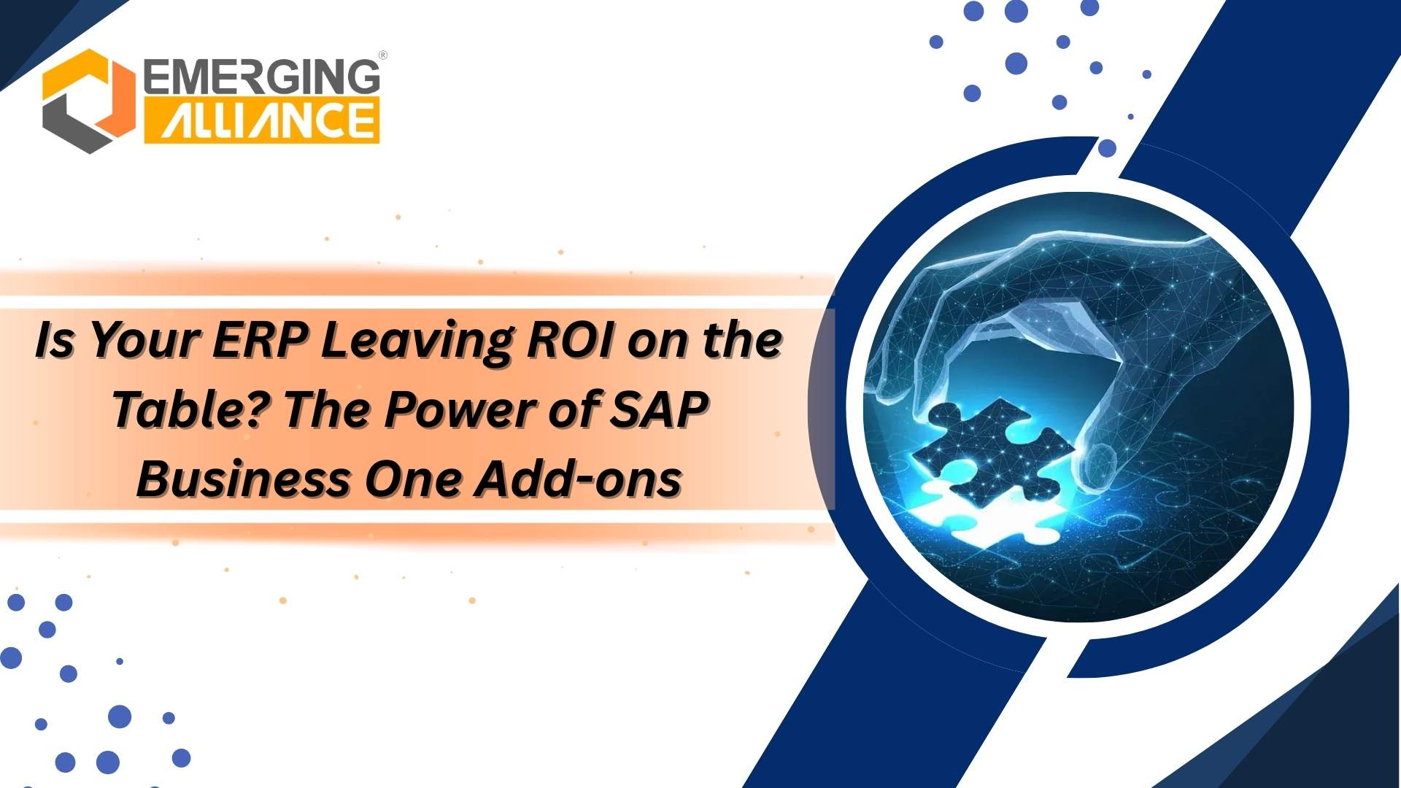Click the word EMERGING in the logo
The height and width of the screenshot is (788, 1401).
261,77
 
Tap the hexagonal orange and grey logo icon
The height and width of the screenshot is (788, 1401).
88,101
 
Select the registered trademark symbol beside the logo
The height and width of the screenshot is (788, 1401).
383,55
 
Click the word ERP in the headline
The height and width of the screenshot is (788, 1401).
259,340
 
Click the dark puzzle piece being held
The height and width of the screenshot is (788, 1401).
992,452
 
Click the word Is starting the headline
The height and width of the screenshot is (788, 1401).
54,340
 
